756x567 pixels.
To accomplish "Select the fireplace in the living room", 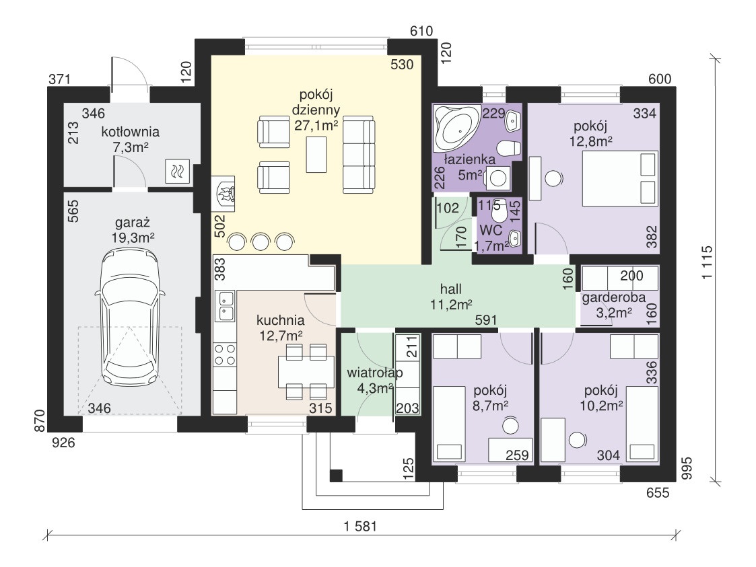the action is (224, 194).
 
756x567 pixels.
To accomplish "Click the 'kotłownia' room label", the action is (130, 132).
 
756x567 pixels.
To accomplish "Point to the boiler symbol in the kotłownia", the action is (178, 171).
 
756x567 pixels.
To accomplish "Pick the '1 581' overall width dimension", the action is (360, 526).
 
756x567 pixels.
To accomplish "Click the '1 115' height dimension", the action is (707, 262).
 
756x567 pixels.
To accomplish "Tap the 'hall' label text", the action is (451, 289).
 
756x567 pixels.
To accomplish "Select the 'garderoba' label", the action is (613, 298).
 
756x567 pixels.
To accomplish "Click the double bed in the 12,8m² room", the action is (620, 179).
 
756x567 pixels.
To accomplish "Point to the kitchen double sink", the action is (225, 307).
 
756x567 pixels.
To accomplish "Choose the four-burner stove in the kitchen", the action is (225, 354).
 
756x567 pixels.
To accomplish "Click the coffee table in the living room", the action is (316, 154).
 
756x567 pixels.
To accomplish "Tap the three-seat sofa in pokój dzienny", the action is (359, 154).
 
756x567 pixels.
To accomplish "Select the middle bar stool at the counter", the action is (261, 241).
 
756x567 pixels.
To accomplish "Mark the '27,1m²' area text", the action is (316, 125).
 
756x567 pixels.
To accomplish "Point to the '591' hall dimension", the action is (485, 320).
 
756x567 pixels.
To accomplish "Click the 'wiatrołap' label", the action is (374, 373).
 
